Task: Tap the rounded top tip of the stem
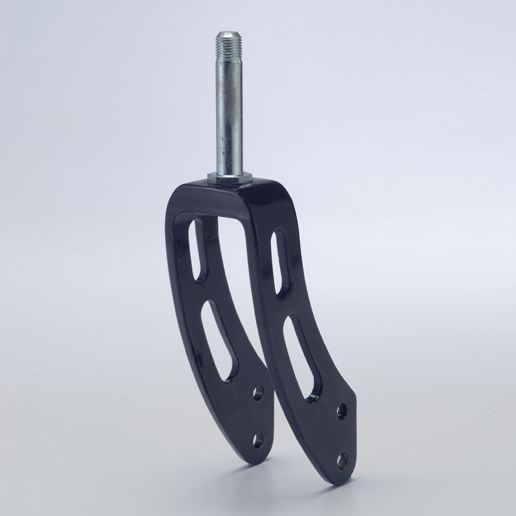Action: tap(229, 32)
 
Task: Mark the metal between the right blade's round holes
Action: tap(341, 435)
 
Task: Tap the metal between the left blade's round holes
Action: tap(258, 416)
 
